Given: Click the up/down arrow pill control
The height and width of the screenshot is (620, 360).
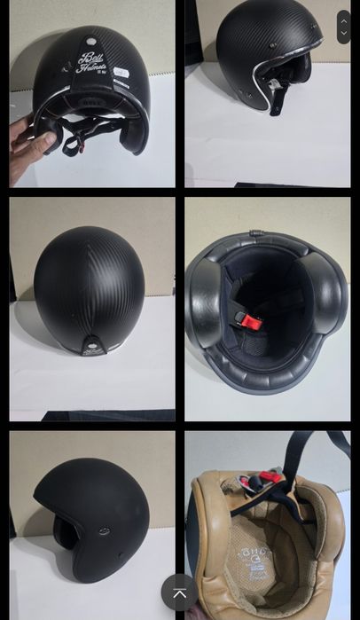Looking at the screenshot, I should click(344, 27).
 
